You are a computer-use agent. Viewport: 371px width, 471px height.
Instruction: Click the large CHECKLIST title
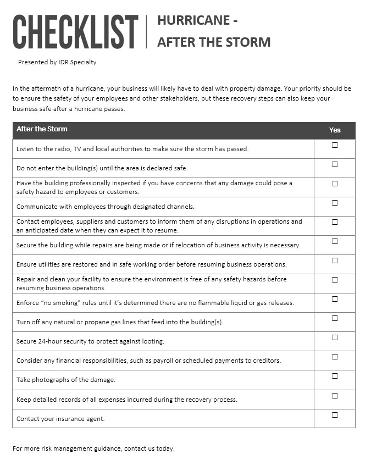75,32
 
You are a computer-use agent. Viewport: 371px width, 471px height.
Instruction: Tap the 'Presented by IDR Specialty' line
57,62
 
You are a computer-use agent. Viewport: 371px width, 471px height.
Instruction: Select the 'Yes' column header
335,130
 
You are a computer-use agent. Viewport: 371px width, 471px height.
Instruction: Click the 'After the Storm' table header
42,129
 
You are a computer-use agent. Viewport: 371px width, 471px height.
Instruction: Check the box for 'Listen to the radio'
335,145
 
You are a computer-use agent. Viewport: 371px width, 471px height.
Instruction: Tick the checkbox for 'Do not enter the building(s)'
335,164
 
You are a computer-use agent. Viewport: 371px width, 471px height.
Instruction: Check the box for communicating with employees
335,203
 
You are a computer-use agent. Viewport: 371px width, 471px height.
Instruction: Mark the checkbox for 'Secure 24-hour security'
335,337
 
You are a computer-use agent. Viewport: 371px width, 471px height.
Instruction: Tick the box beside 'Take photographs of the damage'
335,376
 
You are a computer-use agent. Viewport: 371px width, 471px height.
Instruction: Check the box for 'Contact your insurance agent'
335,415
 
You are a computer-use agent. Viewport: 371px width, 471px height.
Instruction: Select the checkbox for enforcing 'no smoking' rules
335,299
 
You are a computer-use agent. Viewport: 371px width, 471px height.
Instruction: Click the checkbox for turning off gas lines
335,318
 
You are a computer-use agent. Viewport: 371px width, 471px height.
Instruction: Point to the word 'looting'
152,342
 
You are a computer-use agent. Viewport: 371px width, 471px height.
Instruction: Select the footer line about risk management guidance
93,448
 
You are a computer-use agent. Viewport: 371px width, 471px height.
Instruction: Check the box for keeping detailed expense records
335,396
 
